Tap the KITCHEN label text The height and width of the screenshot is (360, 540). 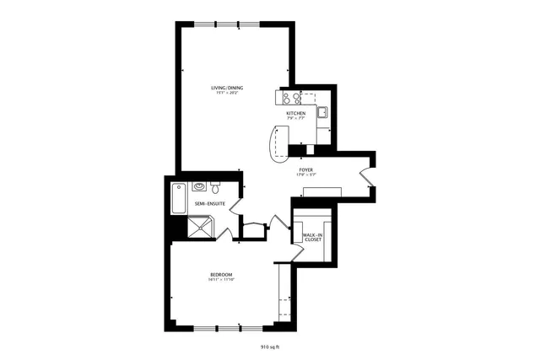coord(295,113)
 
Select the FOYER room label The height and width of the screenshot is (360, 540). coord(306,169)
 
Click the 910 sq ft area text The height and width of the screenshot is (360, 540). coord(270,346)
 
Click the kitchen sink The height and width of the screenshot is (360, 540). coord(322,112)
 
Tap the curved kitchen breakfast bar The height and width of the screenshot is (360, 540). coord(277,143)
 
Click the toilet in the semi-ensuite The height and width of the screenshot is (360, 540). coord(216,186)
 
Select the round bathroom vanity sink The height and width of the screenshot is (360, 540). coord(199,186)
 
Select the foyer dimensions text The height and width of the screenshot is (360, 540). coord(306,175)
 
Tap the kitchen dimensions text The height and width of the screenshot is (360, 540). coord(295,119)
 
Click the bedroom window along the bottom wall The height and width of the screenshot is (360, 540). coord(217,326)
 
